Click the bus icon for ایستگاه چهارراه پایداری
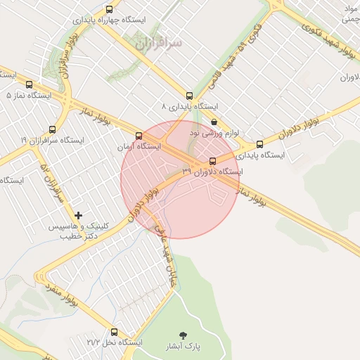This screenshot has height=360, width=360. click(x=109, y=9)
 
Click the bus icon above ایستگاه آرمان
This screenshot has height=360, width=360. click(x=139, y=136)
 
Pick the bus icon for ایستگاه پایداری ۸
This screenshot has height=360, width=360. click(x=189, y=96)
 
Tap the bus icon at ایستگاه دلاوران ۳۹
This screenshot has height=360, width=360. click(x=213, y=160)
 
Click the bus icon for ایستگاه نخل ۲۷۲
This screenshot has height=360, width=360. click(x=115, y=332)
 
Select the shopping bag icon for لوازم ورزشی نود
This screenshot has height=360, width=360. click(x=214, y=122)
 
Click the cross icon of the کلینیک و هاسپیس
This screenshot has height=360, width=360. click(x=78, y=214)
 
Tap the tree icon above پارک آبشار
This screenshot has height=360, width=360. click(x=184, y=335)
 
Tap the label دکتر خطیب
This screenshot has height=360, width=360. click(x=75, y=237)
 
